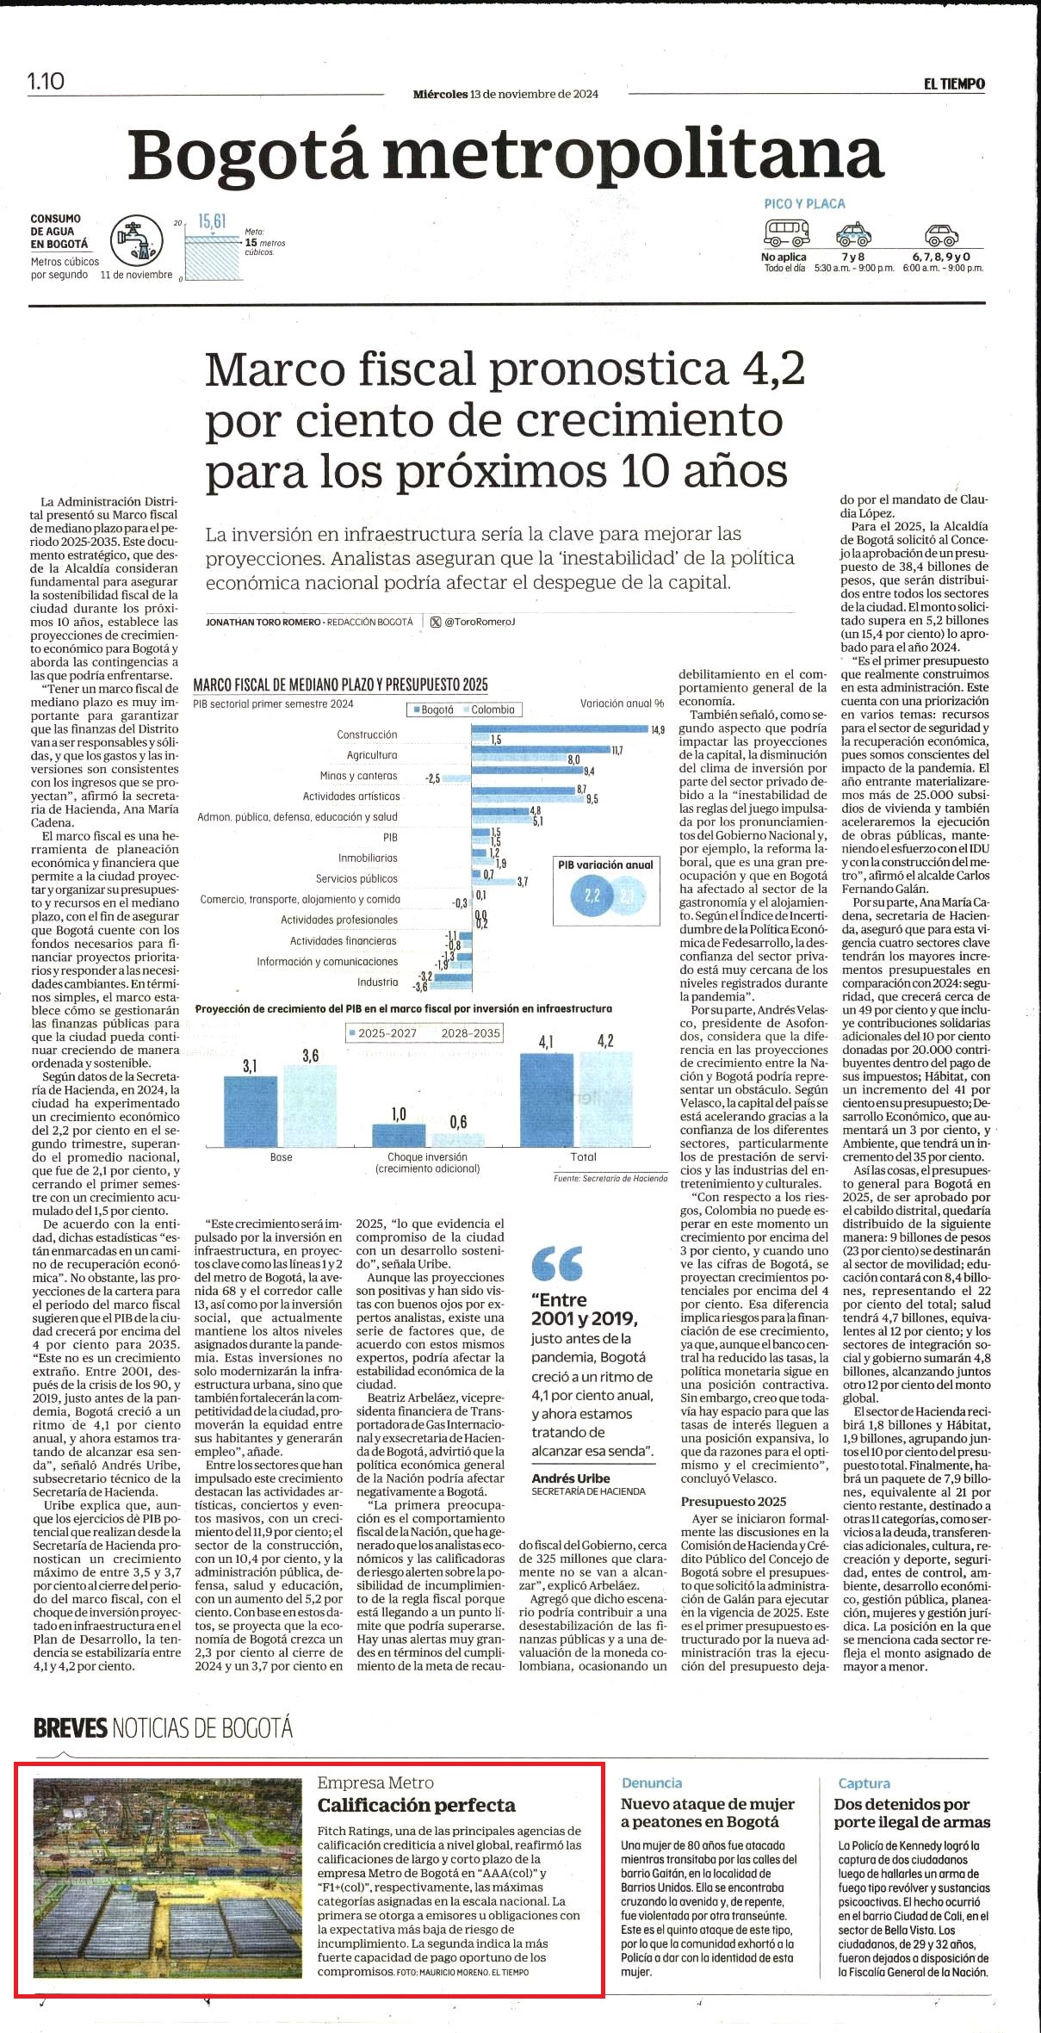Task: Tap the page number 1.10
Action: click(46, 81)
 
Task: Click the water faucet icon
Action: click(137, 239)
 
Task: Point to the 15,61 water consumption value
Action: click(212, 221)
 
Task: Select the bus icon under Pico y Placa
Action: click(787, 232)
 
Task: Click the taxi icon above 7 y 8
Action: click(853, 233)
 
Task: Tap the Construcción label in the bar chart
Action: click(367, 734)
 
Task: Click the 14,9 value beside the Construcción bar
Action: click(658, 729)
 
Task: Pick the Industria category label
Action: click(378, 982)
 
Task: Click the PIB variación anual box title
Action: click(605, 865)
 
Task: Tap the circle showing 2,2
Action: click(593, 896)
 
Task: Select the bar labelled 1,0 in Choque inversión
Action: click(399, 1135)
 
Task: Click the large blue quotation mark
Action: click(557, 1263)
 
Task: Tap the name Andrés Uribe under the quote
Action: click(571, 1478)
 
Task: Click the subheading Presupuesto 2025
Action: click(733, 1501)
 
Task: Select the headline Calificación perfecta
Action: click(417, 1805)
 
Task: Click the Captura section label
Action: click(864, 1783)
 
